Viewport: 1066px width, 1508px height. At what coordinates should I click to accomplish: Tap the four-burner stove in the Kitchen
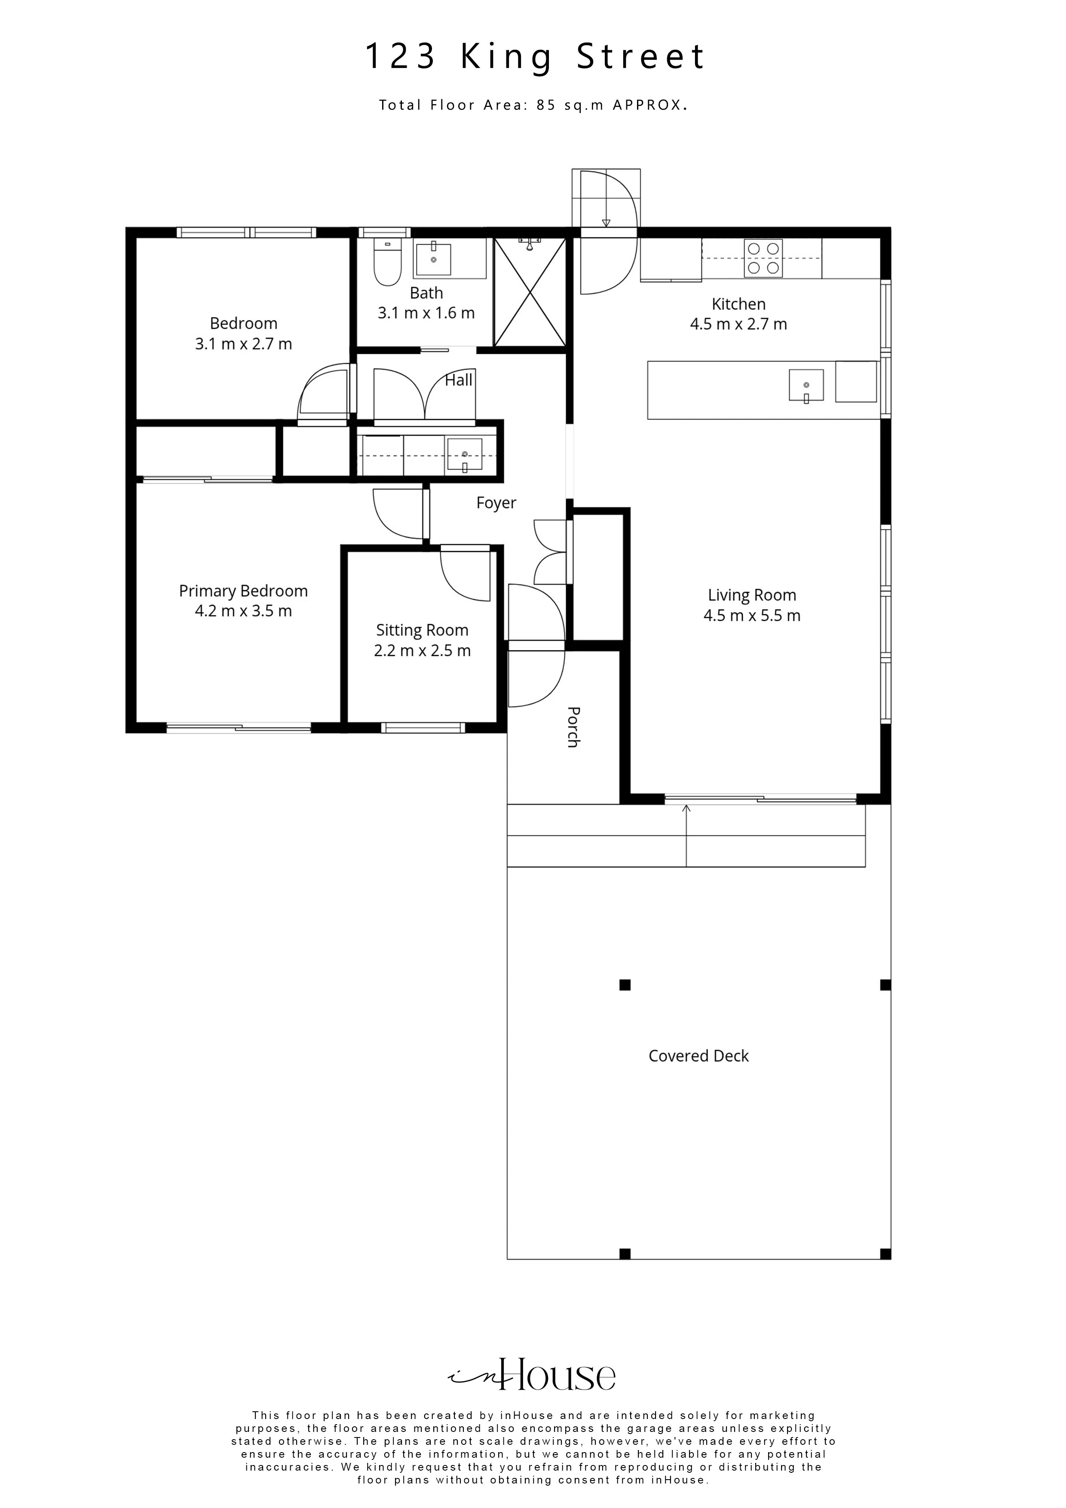pyautogui.click(x=763, y=258)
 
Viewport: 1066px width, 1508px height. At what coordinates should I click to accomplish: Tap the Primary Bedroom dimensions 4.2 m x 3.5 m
pyautogui.click(x=244, y=611)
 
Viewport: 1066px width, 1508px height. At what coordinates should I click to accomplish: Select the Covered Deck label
pyautogui.click(x=699, y=1055)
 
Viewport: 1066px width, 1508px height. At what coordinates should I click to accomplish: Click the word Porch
pyautogui.click(x=573, y=727)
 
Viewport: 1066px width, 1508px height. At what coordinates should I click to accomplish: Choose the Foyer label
pyautogui.click(x=496, y=503)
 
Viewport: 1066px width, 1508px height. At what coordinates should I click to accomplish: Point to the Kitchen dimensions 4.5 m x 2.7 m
pyautogui.click(x=738, y=324)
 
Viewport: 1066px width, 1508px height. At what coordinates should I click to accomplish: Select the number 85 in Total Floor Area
pyautogui.click(x=546, y=105)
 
